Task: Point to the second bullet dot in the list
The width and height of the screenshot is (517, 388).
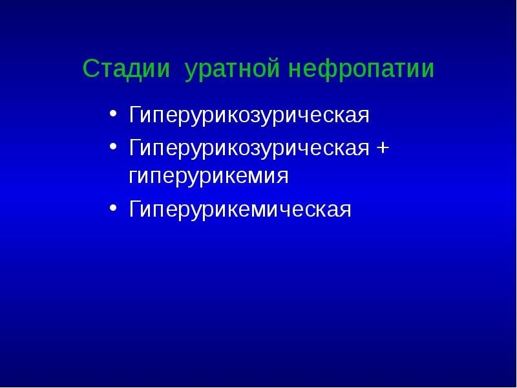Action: (113, 147)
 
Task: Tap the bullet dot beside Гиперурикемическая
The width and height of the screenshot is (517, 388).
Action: (113, 208)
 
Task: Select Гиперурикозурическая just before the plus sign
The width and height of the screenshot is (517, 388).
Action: (249, 148)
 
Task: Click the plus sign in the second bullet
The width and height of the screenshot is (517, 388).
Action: (383, 147)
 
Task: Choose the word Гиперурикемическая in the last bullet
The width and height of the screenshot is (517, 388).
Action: (240, 210)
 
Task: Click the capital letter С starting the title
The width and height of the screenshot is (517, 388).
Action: (90, 69)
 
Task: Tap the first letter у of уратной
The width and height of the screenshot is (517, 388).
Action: (190, 71)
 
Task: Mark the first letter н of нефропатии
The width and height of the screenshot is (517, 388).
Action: (295, 70)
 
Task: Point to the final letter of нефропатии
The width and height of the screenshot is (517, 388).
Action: (428, 70)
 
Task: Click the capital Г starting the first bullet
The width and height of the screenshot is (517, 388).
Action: (134, 116)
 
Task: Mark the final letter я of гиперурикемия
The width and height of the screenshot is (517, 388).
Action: (282, 177)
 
